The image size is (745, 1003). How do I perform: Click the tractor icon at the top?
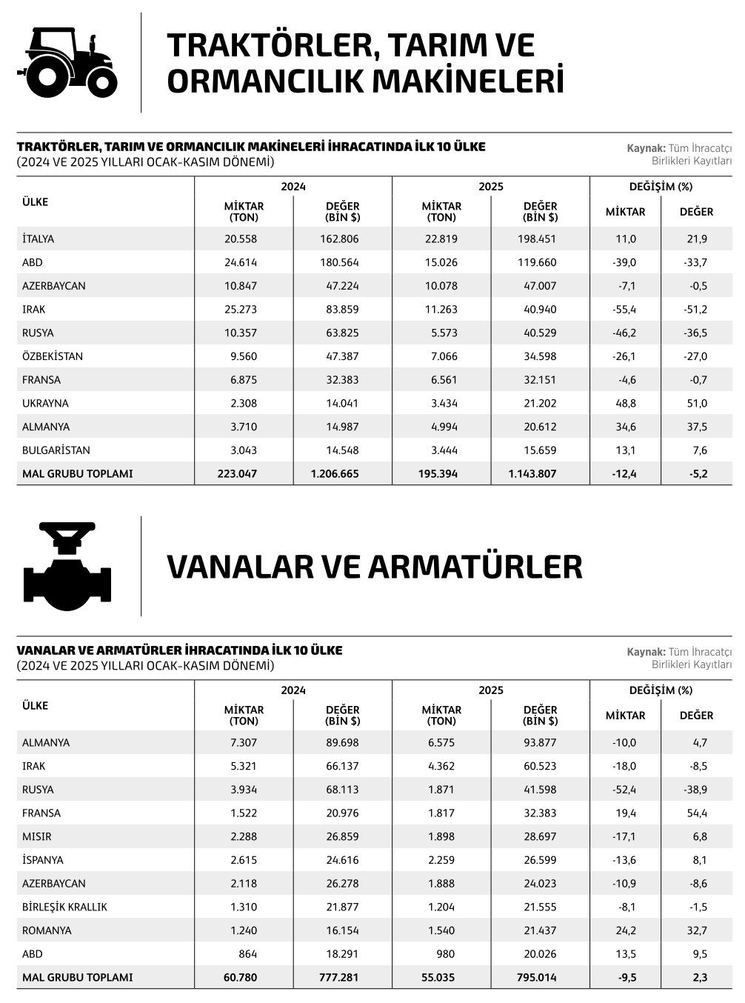pos(67,61)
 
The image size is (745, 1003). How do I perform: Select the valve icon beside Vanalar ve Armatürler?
pos(67,566)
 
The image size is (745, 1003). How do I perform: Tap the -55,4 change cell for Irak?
pos(625,309)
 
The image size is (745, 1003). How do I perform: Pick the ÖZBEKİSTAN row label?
pos(53,356)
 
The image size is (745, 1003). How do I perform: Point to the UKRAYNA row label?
pos(45,403)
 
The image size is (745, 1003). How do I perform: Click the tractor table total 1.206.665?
pos(335,473)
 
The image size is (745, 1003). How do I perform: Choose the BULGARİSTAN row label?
pos(56,450)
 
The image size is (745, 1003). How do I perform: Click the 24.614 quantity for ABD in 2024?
pos(241,262)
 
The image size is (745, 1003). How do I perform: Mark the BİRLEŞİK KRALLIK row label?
pos(65,907)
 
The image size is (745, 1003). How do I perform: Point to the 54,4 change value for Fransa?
pos(697,813)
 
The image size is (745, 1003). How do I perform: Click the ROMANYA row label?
pos(47,930)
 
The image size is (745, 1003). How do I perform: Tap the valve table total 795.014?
pos(536,977)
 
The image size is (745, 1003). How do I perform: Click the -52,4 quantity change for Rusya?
pos(625,790)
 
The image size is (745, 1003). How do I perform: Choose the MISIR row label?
pos(37,836)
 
